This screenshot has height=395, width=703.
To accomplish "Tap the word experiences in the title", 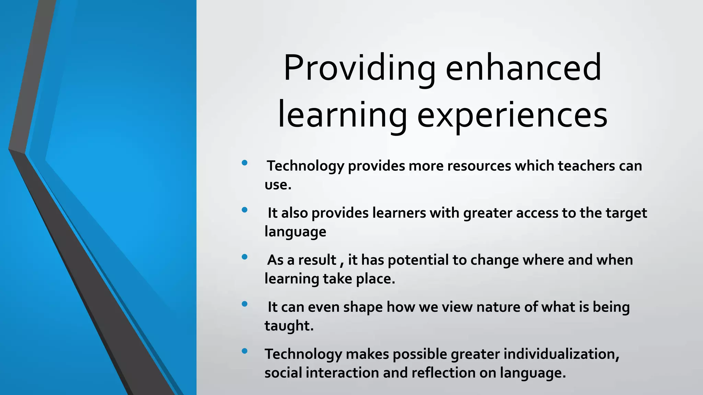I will [512, 115].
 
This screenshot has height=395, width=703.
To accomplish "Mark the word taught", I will [289, 326].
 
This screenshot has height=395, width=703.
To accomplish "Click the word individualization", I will [561, 354].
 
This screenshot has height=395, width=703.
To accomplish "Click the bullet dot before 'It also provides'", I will [244, 210].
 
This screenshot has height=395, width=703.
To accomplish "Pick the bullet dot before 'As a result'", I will [244, 257].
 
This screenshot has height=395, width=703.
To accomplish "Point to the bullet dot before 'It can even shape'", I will [244, 304].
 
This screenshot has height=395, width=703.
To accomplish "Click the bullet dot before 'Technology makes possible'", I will [244, 351].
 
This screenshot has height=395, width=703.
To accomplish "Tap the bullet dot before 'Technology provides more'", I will [244, 163].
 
